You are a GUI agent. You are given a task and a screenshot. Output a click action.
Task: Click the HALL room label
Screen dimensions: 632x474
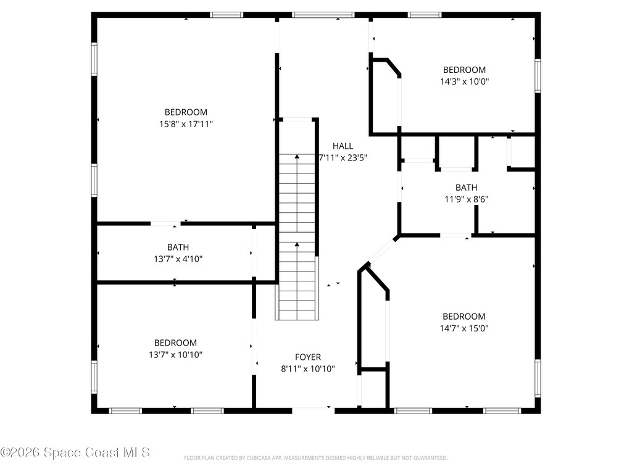343,146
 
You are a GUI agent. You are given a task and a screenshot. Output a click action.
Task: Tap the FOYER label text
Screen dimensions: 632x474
308,357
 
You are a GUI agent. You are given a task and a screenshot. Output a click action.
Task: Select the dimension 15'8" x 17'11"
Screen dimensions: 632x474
186,124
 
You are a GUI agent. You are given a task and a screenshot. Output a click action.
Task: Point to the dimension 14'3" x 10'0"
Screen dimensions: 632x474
464,81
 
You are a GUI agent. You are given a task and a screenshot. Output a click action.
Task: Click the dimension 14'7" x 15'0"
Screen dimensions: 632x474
464,328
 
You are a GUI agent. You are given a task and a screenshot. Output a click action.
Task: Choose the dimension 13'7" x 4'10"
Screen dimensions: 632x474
178,259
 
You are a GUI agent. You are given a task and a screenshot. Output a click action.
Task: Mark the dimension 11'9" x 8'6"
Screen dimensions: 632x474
467,199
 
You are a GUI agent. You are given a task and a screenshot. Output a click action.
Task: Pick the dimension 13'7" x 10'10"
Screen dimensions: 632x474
175,355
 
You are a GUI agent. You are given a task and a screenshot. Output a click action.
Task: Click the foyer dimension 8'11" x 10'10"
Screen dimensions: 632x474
308,369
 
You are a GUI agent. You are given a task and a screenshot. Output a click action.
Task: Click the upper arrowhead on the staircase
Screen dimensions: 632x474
297,156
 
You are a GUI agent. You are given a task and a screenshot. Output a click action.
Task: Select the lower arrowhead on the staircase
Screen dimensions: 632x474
297,244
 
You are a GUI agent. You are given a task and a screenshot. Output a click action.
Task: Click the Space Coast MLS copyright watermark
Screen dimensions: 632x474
75,452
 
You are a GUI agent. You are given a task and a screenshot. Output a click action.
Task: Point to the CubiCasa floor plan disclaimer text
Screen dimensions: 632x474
315,458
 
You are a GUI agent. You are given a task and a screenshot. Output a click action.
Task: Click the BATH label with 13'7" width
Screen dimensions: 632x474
178,247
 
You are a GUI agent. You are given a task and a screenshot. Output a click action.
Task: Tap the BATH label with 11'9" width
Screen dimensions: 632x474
467,188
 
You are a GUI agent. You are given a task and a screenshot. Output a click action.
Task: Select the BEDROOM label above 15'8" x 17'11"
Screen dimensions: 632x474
186,112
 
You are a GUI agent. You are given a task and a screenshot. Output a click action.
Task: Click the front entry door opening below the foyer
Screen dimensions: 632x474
313,410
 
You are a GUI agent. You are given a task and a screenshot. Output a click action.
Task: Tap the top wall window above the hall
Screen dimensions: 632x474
323,15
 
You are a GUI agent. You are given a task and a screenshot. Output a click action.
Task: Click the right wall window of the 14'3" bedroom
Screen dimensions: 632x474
538,76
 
